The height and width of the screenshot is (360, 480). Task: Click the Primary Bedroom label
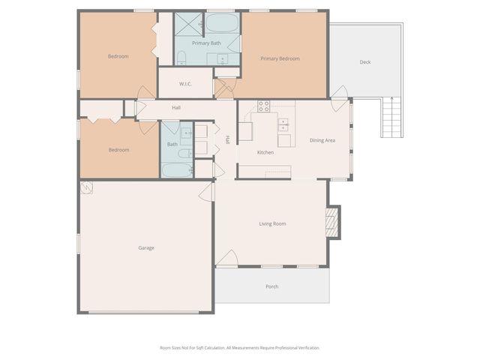[280, 58]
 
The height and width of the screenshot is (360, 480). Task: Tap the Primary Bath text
[206, 43]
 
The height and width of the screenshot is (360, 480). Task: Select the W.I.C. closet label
[185, 83]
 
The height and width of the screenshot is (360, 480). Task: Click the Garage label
[146, 247]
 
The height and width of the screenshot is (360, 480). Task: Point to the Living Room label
[272, 223]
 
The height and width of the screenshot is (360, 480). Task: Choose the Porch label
[271, 286]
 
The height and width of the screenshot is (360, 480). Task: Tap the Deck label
[364, 62]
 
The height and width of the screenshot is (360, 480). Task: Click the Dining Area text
[322, 140]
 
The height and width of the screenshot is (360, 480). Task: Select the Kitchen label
[265, 152]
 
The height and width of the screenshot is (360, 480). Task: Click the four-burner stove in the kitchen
[264, 106]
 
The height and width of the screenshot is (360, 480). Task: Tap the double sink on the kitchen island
[284, 124]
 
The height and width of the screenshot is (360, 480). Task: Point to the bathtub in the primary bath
[226, 22]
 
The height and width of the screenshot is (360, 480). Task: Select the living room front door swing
[228, 258]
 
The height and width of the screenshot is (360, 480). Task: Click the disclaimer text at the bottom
[239, 348]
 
